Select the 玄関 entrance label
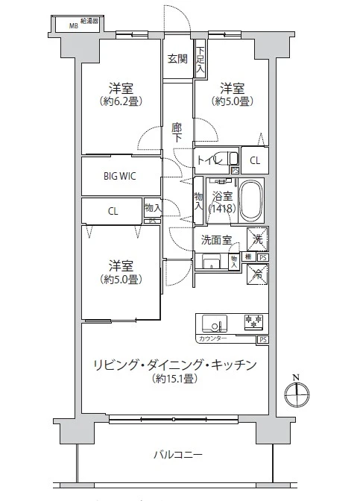pos(177,59)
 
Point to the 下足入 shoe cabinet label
pos(200,60)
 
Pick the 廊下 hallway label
pos(177,132)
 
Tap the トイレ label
pos(209,160)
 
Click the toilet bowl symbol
pos(233,158)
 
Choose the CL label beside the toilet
pos(255,160)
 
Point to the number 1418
pos(222,209)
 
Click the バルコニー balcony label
pos(179,454)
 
